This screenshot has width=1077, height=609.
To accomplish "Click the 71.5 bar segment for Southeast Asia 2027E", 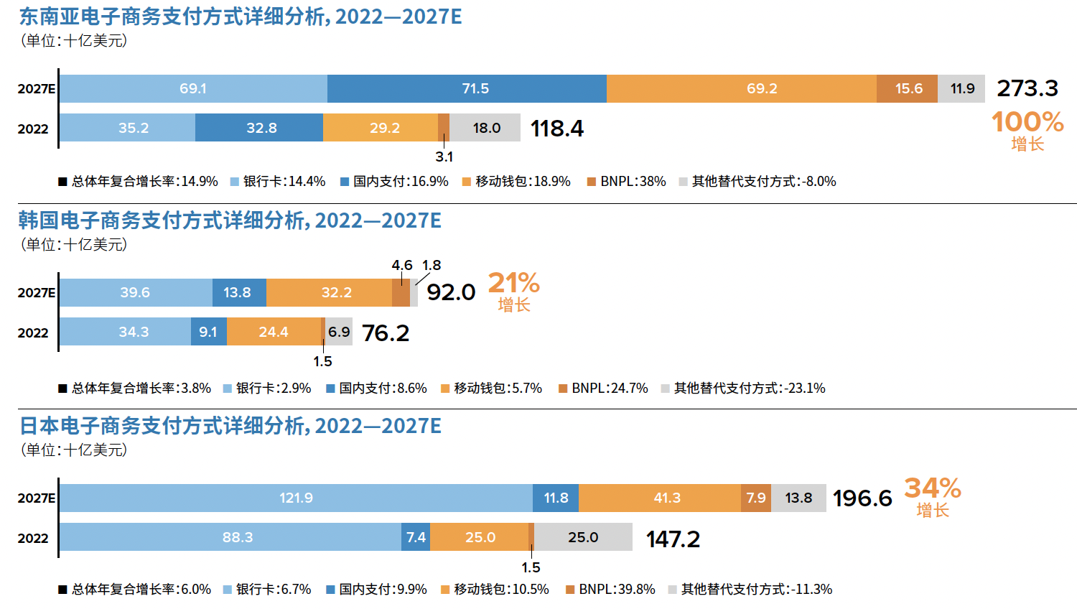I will (x=467, y=88).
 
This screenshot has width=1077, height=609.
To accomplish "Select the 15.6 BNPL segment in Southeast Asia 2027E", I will (x=908, y=88).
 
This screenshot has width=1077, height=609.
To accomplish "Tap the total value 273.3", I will (x=1027, y=88).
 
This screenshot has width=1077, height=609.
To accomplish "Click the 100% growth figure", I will (x=1027, y=122).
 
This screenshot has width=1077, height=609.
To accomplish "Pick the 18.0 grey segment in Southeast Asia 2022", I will (x=486, y=128).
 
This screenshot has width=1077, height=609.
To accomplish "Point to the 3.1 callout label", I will (x=444, y=157).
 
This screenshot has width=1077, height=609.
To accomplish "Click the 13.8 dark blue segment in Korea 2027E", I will (x=238, y=292).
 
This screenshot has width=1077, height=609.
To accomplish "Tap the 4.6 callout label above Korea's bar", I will (x=401, y=266).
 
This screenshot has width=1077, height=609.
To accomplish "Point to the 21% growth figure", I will (x=513, y=283).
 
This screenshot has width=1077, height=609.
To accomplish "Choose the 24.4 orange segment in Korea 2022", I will (x=274, y=332).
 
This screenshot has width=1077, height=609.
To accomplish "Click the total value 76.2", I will (x=386, y=333).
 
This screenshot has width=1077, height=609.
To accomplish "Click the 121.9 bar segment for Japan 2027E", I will (x=296, y=498).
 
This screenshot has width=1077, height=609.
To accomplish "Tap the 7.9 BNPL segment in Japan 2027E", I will (x=755, y=498).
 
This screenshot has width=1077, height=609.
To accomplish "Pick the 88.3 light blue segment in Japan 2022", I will (x=237, y=537).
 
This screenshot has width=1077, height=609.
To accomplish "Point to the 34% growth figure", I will (x=932, y=488).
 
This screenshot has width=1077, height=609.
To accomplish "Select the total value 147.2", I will (x=673, y=539).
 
